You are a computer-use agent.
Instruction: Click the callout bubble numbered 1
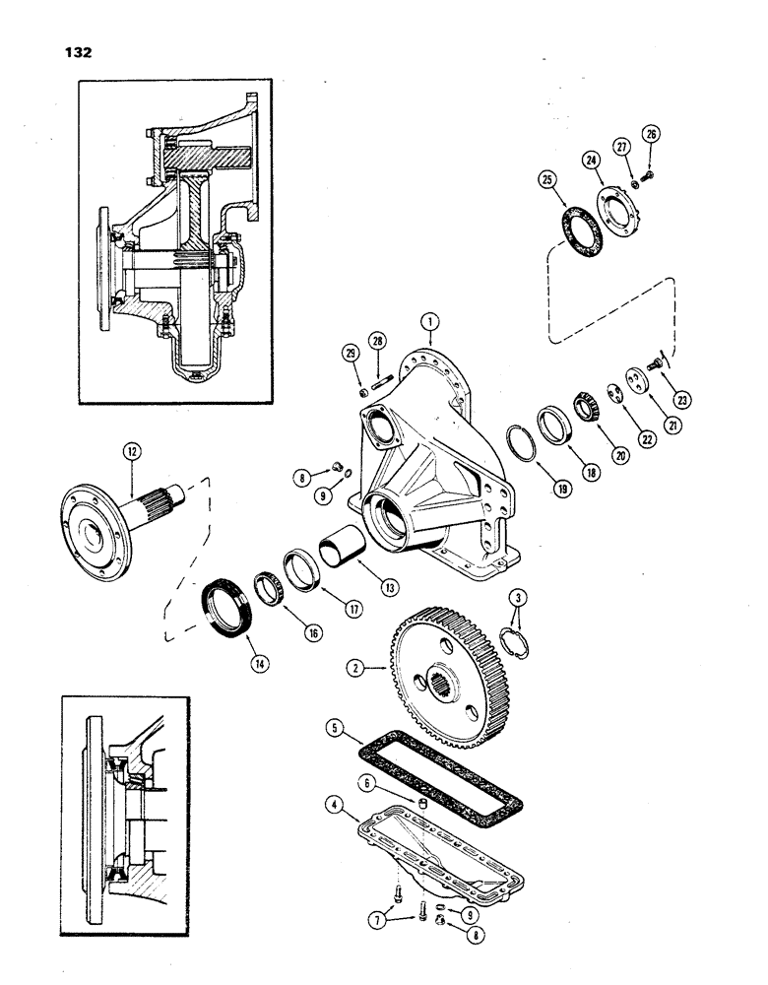pos(428,320)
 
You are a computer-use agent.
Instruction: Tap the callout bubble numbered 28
pos(378,341)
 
